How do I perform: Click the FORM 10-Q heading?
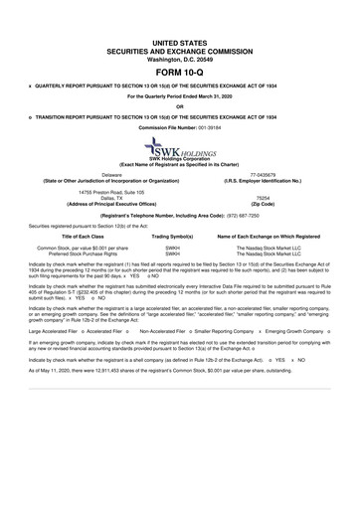(179, 75)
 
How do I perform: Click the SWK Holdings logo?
(179, 149)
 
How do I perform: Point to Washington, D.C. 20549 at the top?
(179, 58)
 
